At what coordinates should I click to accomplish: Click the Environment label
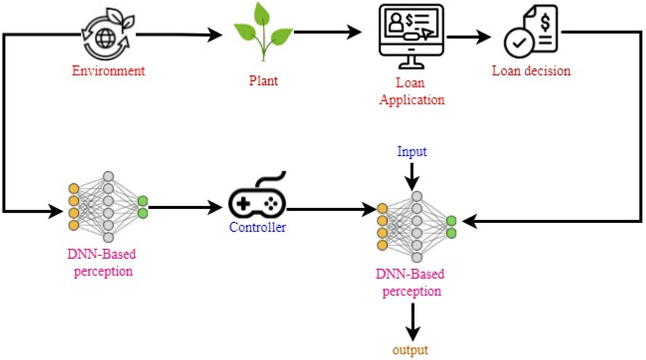coord(108,71)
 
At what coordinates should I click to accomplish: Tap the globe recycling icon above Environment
coord(106,36)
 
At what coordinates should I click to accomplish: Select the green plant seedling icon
coord(263,33)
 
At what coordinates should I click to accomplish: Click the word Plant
coord(263,81)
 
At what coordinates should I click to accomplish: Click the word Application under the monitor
coord(412,100)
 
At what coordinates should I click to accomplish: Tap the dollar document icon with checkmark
coord(531,33)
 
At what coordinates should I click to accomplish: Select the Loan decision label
coord(531,71)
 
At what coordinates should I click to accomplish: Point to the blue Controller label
coord(257,227)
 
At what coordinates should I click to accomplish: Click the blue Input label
coord(412,152)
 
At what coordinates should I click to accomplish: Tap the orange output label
coord(410,350)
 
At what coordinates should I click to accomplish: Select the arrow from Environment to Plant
coord(180,35)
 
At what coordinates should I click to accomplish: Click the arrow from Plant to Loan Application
coord(328,32)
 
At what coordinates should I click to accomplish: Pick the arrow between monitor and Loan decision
coord(469,37)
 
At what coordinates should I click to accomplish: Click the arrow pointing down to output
coord(412,323)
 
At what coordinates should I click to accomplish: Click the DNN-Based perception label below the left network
coord(102,263)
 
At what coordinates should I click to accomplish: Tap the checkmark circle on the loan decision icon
coord(518,44)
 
